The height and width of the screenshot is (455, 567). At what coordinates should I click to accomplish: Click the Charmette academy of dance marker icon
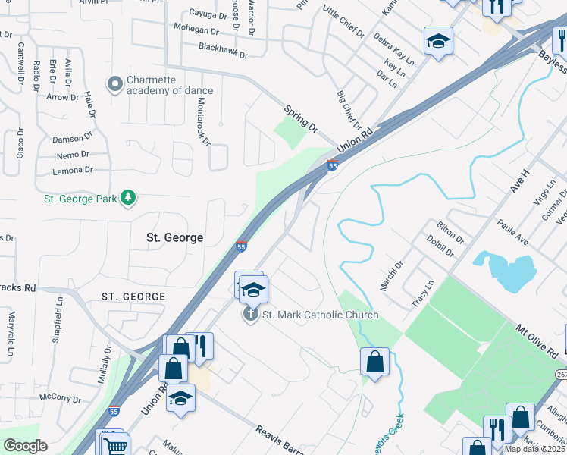[115, 83]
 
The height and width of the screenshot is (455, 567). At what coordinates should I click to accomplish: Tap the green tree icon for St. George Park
[129, 198]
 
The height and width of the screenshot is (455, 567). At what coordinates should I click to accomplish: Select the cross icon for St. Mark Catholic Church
[251, 315]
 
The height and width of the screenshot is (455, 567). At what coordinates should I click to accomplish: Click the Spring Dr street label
[301, 119]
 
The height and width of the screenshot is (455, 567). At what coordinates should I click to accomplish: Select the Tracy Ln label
[421, 293]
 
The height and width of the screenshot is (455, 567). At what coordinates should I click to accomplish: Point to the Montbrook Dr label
[202, 121]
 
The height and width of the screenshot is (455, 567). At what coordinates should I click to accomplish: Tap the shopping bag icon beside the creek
[375, 361]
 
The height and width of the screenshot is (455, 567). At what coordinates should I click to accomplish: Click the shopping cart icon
[115, 446]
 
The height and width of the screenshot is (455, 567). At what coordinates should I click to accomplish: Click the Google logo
[24, 446]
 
